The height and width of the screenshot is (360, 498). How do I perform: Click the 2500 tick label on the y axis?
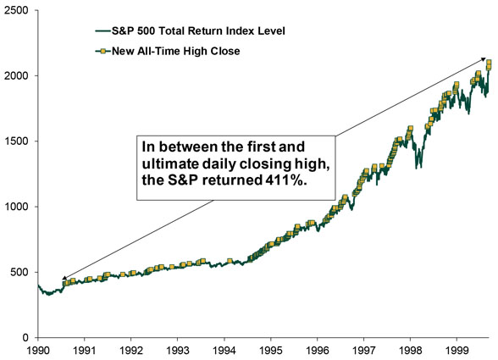[x=17, y=10]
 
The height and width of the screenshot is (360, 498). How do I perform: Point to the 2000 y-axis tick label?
[x=17, y=75]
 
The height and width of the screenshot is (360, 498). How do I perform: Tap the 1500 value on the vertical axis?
[x=17, y=141]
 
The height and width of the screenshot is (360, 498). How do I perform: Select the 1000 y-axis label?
[x=17, y=207]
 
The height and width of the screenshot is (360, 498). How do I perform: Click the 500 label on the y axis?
[x=19, y=272]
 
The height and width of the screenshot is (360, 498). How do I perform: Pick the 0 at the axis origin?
[x=25, y=337]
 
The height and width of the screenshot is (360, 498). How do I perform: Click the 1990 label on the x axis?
[x=38, y=350]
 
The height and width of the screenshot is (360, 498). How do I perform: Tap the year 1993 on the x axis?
[x=178, y=350]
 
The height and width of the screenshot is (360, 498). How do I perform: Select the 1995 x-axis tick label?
[x=271, y=350]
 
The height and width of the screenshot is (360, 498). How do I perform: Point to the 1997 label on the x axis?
[x=364, y=350]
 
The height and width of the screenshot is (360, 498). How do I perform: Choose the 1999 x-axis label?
[x=457, y=350]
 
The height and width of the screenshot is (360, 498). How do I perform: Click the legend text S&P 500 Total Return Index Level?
[x=198, y=30]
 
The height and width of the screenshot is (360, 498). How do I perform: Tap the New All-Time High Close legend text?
[x=175, y=51]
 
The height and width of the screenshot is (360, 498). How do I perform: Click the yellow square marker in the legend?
[x=103, y=51]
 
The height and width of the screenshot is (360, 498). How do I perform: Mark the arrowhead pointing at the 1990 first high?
[x=64, y=278]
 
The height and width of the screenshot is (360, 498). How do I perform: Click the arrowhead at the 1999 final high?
[x=483, y=59]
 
